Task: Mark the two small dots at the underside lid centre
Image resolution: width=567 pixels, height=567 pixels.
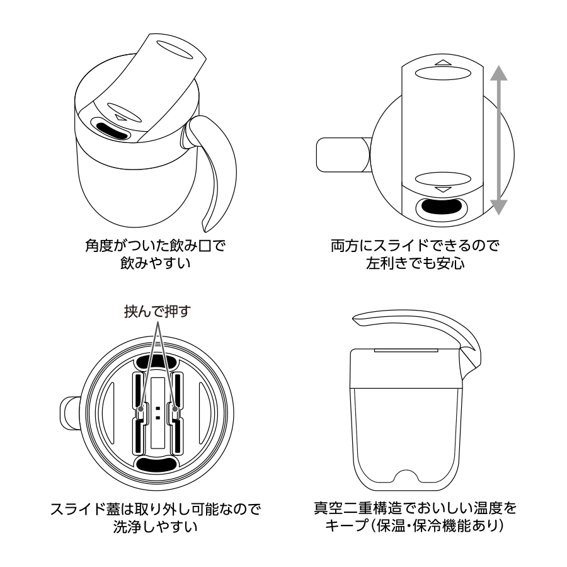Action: click(157, 412)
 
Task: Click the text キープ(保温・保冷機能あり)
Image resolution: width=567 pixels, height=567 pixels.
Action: click(415, 525)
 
